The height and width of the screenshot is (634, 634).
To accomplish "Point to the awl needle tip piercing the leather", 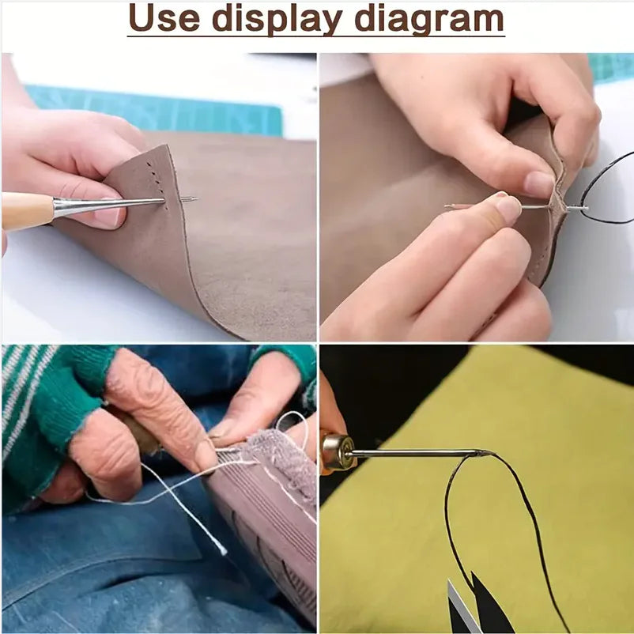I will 190,199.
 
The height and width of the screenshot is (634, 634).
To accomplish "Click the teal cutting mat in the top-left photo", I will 158,111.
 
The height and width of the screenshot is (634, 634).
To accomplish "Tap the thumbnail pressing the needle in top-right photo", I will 508,208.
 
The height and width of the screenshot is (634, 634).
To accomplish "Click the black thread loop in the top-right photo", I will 609,190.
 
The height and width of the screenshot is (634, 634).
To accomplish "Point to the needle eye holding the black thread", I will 583,209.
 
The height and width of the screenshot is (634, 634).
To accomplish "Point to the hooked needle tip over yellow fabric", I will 482,453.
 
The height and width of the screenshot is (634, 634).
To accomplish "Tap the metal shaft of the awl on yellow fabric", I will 411,454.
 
